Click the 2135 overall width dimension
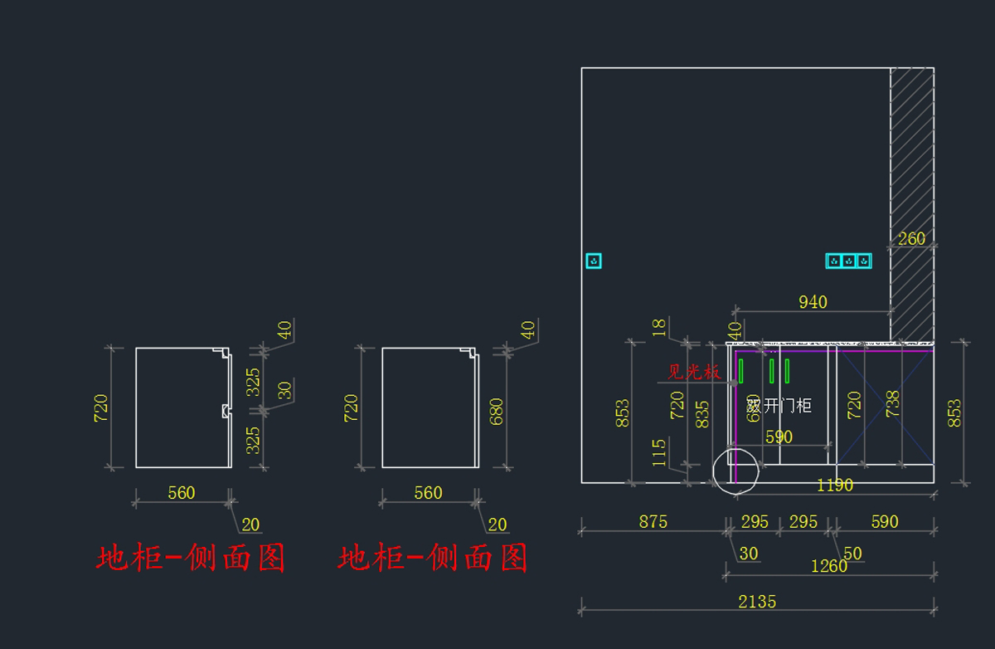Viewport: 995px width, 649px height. click(757, 602)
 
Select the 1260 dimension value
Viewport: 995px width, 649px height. click(829, 566)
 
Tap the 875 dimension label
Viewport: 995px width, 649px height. click(653, 522)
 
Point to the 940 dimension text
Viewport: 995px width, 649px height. click(813, 302)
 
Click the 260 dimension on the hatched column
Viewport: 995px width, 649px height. click(911, 239)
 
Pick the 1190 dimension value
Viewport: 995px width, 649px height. click(834, 486)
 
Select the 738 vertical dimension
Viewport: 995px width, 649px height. click(893, 404)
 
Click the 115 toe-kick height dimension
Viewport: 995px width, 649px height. click(660, 453)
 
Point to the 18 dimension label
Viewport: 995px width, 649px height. click(659, 327)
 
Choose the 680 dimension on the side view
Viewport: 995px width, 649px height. click(497, 412)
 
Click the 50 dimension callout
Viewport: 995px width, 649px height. click(852, 554)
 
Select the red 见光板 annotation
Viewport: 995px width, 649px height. click(694, 372)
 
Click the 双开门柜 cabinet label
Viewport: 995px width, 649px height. click(779, 406)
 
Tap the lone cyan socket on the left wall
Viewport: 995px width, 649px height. click(594, 261)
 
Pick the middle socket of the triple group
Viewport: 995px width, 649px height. click(849, 261)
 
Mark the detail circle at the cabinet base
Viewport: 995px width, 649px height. click(735, 471)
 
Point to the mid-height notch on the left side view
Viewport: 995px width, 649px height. click(225, 410)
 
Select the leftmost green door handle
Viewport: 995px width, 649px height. click(740, 370)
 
